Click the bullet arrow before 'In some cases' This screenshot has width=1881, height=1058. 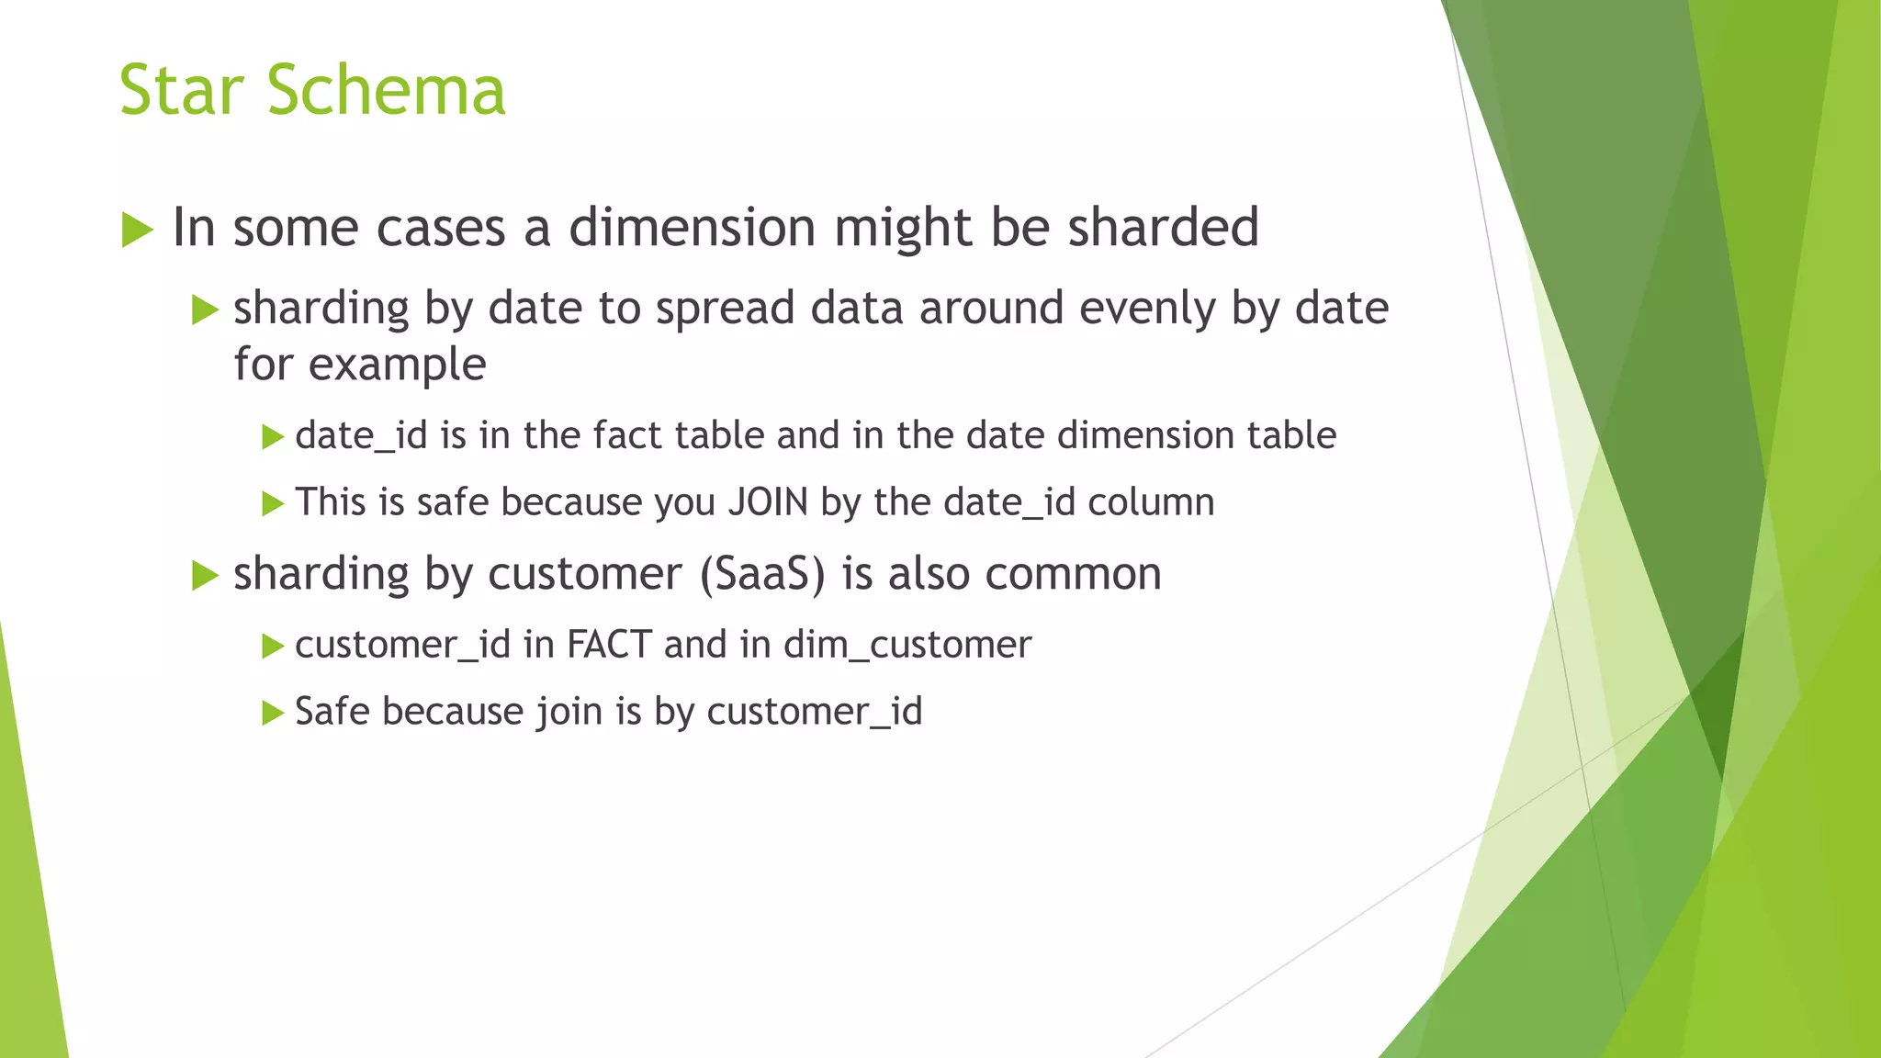click(x=137, y=230)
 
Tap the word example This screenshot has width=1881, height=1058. click(x=397, y=365)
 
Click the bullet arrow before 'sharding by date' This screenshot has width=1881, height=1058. click(x=205, y=310)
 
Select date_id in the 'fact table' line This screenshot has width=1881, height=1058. click(x=361, y=435)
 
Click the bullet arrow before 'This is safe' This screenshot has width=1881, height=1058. click(x=273, y=504)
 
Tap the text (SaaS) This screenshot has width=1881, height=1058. click(x=762, y=574)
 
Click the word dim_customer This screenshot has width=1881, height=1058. click(x=907, y=645)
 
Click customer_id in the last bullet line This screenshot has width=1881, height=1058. click(x=814, y=712)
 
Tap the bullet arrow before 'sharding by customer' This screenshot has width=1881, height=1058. click(x=205, y=577)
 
